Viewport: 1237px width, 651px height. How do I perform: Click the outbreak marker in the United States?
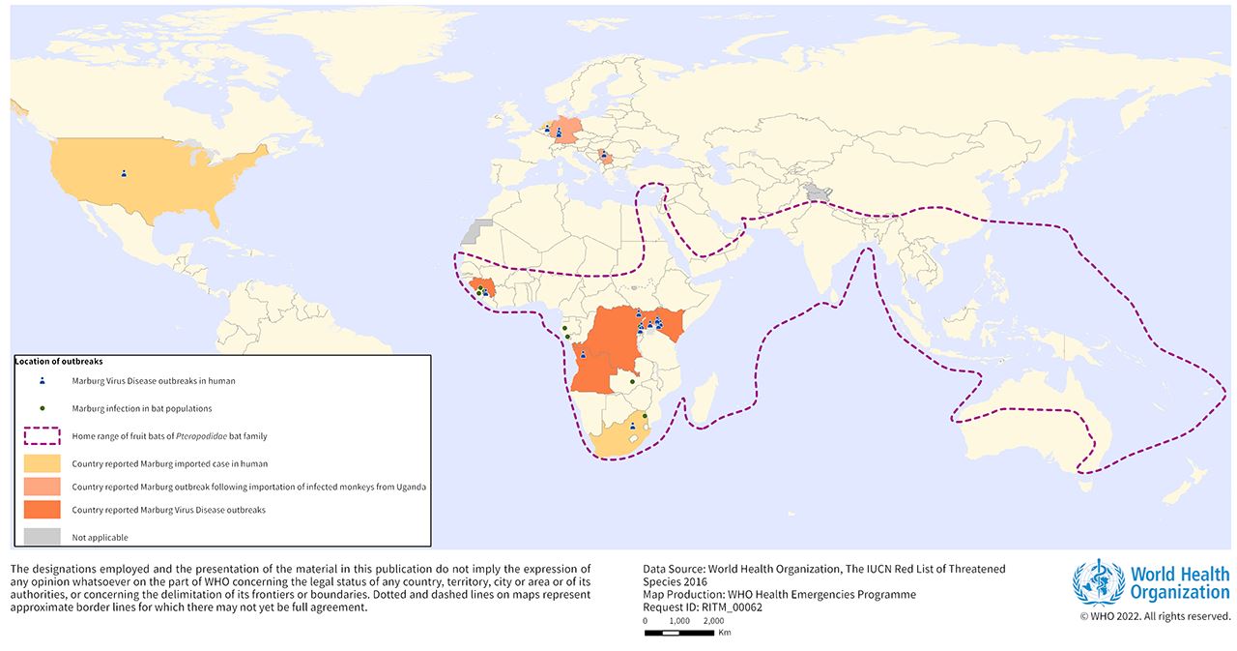click(124, 174)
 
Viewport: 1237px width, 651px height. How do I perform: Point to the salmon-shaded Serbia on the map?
click(606, 157)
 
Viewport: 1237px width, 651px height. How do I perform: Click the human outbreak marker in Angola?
click(583, 355)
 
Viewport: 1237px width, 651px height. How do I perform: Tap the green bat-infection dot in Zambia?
click(631, 382)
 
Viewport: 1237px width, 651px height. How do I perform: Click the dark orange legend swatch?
click(43, 510)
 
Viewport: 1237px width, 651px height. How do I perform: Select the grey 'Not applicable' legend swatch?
click(43, 536)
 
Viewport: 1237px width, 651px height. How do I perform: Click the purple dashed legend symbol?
click(43, 436)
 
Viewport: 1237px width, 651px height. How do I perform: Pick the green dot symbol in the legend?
click(43, 408)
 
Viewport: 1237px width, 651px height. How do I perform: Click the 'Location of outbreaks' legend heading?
click(58, 361)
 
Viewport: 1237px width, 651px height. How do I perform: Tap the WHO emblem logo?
click(1098, 582)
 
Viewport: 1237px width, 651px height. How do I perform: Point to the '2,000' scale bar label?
click(713, 621)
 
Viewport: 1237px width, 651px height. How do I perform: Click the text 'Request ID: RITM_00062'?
click(703, 607)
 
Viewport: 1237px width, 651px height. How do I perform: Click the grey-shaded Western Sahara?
click(474, 233)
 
